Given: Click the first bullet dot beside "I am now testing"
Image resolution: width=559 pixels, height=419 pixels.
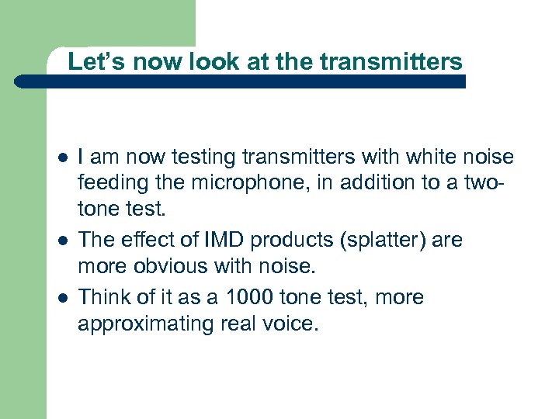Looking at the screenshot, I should (61, 158).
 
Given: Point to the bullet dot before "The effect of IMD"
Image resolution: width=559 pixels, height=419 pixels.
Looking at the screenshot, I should (61, 241).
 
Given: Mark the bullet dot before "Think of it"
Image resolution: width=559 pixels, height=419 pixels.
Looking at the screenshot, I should (61, 298).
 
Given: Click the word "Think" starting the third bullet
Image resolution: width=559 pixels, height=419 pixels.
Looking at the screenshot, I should (104, 297).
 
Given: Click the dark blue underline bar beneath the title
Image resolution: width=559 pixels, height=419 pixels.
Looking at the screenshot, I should (241, 81).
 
